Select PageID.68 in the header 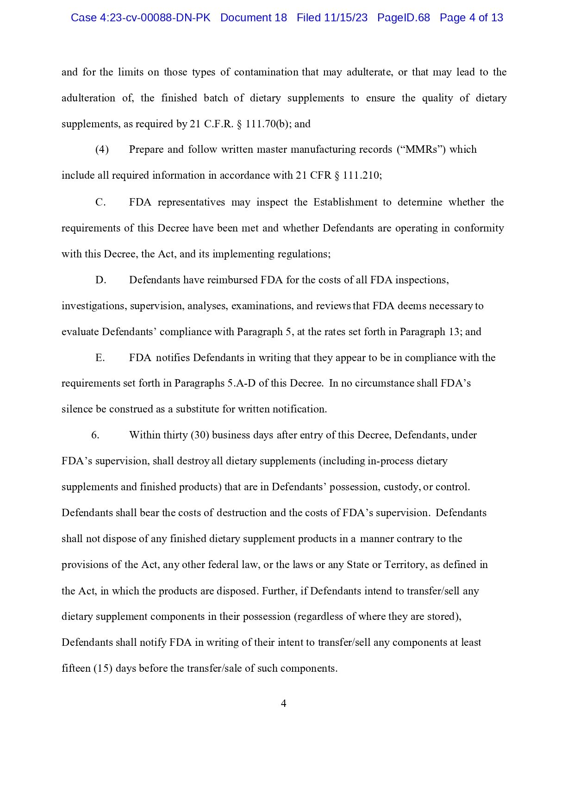click(403, 18)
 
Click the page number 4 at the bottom click(284, 704)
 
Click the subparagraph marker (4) click(102, 150)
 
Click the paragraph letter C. click(100, 202)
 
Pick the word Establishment click(345, 202)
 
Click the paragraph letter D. click(100, 280)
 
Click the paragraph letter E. click(100, 358)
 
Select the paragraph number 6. click(95, 435)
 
